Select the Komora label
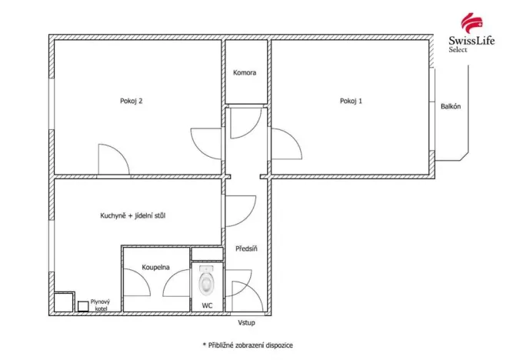click(x=245, y=73)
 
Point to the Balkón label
click(x=451, y=107)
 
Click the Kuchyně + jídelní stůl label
click(x=133, y=215)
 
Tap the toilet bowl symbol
click(x=207, y=283)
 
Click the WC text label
click(x=207, y=305)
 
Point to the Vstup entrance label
click(x=246, y=322)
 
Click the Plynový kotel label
click(x=100, y=305)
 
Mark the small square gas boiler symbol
click(x=82, y=305)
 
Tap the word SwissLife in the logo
click(x=467, y=41)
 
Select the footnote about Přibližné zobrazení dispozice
click(x=247, y=345)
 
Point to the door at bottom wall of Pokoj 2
click(x=112, y=159)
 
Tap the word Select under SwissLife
click(x=458, y=50)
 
